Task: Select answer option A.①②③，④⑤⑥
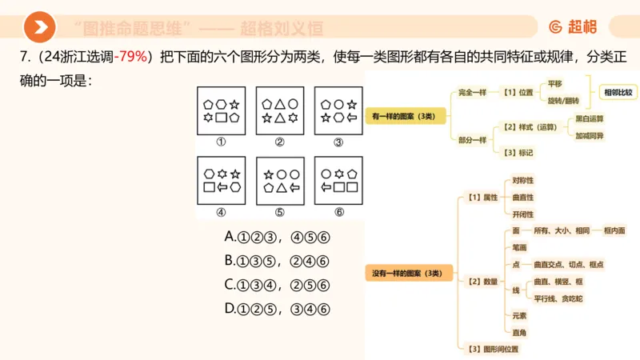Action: tap(277, 238)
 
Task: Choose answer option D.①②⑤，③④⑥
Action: tap(277, 308)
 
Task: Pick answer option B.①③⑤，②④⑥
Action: tap(277, 262)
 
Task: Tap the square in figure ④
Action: tap(210, 188)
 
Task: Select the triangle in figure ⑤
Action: tap(279, 188)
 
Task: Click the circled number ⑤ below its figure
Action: tap(279, 213)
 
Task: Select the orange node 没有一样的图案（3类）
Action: tap(407, 274)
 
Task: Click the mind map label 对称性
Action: tap(522, 181)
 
